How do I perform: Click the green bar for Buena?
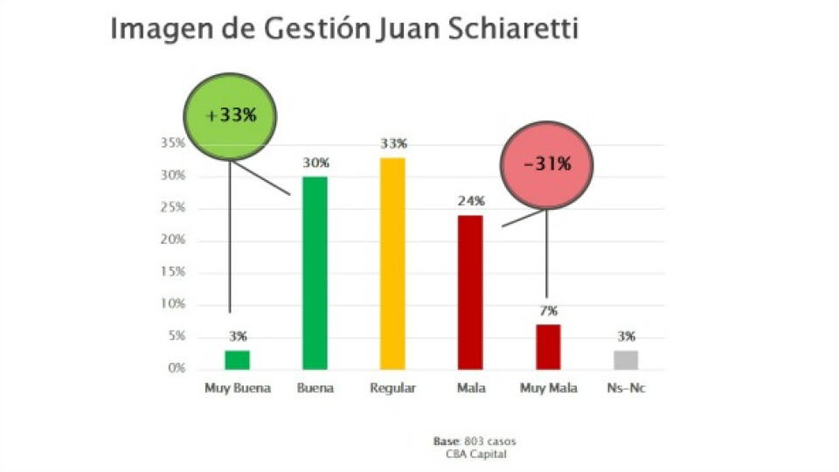(315, 273)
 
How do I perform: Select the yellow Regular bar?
(392, 263)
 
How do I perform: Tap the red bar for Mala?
(470, 292)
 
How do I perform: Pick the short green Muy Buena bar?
(237, 360)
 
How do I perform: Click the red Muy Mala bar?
(548, 347)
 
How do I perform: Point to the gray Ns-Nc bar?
(626, 360)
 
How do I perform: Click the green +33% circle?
(230, 115)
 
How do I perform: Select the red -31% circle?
(547, 164)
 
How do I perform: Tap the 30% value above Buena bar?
(315, 163)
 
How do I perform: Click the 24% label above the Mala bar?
(470, 201)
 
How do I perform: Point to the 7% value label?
(548, 311)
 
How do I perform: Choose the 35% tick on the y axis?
(173, 143)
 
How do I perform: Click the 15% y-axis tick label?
(173, 272)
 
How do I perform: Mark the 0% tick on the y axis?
(177, 368)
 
